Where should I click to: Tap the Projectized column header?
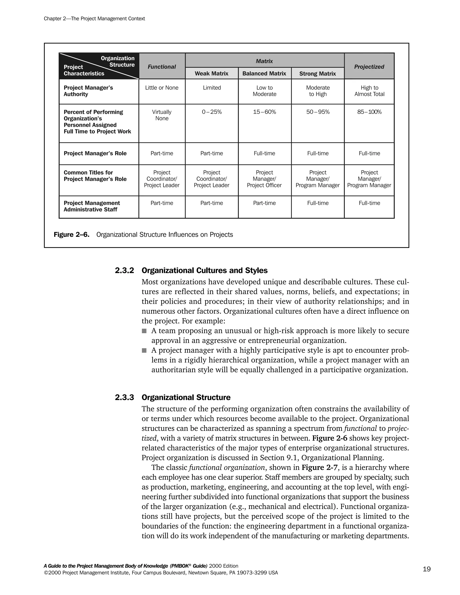[x=369, y=67]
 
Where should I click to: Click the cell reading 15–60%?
[x=264, y=112]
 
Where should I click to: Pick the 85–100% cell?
[x=369, y=112]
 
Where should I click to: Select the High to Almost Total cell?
[x=369, y=91]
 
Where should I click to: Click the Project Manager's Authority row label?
[x=88, y=91]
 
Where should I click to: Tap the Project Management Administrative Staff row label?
[x=92, y=206]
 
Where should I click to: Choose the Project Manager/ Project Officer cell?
[x=264, y=179]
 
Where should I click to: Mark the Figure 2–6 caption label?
[x=71, y=235]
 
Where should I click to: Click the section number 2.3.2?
[x=124, y=271]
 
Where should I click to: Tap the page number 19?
[x=427, y=569]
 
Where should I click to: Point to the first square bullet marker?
[x=144, y=331]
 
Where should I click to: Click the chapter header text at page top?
[x=94, y=19]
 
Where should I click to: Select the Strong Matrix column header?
[x=317, y=74]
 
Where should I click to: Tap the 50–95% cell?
[x=318, y=112]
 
